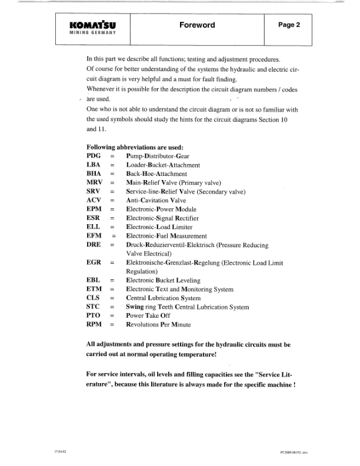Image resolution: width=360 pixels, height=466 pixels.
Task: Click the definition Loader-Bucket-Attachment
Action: pyautogui.click(x=163, y=166)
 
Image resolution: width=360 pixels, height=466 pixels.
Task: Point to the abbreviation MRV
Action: pyautogui.click(x=95, y=183)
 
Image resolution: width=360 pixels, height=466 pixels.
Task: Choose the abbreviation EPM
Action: pyautogui.click(x=95, y=209)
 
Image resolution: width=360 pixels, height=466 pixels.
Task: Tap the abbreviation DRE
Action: pyautogui.click(x=95, y=244)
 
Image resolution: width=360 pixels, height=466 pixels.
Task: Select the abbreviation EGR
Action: pyautogui.click(x=95, y=262)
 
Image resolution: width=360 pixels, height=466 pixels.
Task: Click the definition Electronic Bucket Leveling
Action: pyautogui.click(x=163, y=281)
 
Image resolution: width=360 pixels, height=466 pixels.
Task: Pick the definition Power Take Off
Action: pyautogui.click(x=150, y=316)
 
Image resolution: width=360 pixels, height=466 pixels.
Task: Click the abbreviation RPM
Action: pyautogui.click(x=95, y=325)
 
